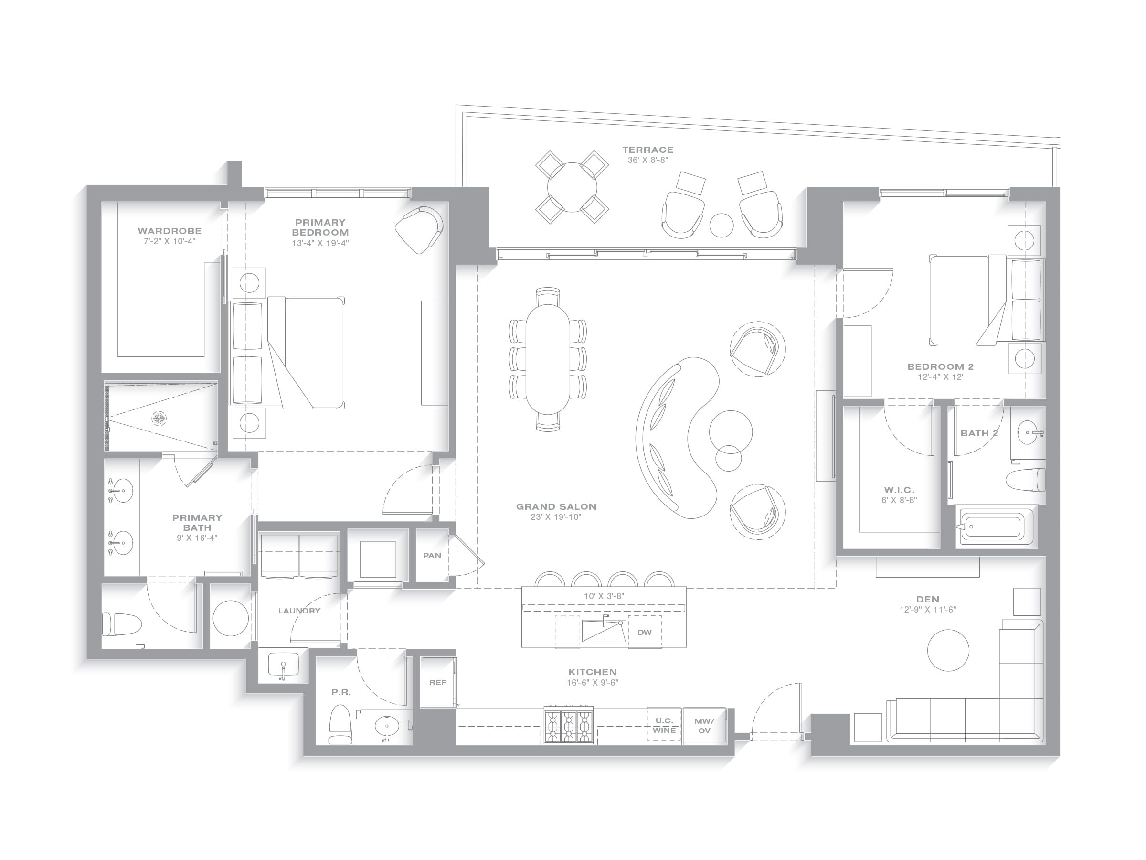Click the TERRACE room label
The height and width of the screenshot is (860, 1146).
coord(647,150)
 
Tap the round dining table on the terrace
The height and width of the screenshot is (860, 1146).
coord(572,187)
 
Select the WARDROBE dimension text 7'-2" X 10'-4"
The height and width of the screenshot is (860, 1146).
coord(170,241)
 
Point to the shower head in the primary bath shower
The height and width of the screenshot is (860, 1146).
coord(159,418)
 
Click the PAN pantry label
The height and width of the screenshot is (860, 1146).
coord(432,555)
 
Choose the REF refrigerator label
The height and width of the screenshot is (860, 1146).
coord(438,682)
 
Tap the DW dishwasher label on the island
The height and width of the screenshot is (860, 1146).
coord(645,632)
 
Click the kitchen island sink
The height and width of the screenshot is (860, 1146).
coord(604,630)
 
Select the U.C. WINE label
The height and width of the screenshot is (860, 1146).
coord(664,725)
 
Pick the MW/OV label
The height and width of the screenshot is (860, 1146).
coord(704,726)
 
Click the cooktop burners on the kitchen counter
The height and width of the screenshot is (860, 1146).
coord(569,725)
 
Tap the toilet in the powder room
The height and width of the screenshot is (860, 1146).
coord(340,724)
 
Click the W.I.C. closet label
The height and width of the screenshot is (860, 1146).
coord(899,490)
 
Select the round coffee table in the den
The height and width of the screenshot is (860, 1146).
coord(948,651)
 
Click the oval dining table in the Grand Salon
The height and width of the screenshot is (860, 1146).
coord(548,359)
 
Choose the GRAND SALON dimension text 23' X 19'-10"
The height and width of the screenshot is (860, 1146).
coord(556,517)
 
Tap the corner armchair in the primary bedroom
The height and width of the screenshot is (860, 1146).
coord(420,230)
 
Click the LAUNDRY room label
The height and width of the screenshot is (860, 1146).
coord(299,611)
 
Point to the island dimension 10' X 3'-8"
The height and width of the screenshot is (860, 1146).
coord(604,596)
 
